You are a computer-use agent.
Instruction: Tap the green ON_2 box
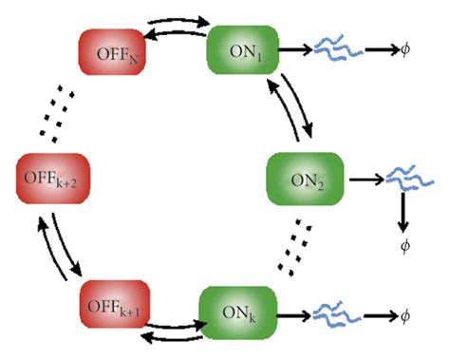300,179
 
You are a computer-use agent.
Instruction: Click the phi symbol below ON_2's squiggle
404,246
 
